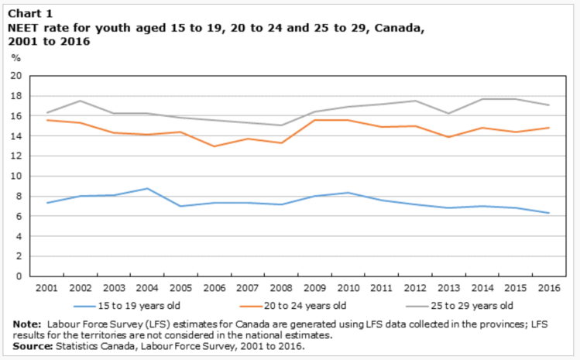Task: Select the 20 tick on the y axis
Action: click(x=15, y=76)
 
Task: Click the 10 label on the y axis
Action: click(x=15, y=176)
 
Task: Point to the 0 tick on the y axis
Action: click(x=19, y=276)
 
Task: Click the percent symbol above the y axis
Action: click(x=15, y=57)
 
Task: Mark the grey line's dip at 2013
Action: click(x=449, y=114)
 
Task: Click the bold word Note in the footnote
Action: click(x=28, y=323)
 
